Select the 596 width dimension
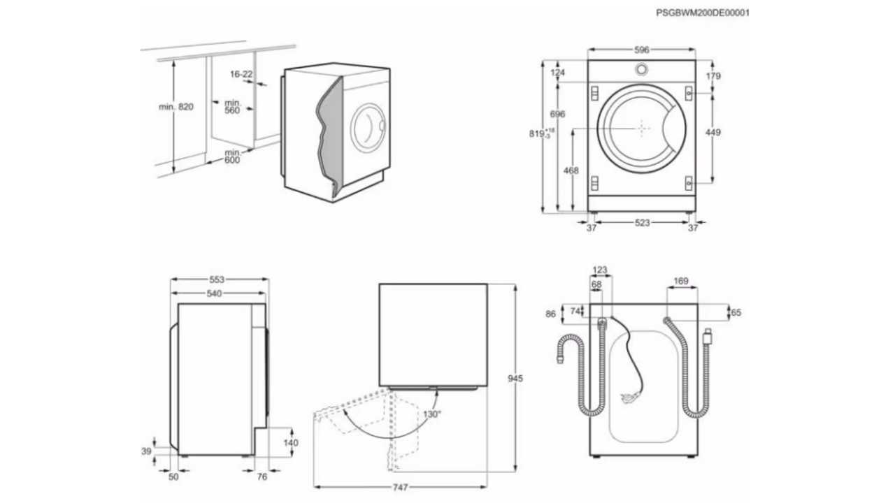click(642, 50)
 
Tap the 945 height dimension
click(515, 379)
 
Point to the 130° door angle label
click(432, 414)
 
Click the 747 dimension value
click(400, 486)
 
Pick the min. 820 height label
click(176, 107)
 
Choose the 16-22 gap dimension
click(241, 73)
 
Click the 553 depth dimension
click(217, 279)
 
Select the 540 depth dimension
click(214, 293)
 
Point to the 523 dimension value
click(642, 223)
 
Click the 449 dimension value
click(713, 132)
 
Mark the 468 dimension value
click(571, 170)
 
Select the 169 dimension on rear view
click(681, 282)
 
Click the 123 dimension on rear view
click(600, 270)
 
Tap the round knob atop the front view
click(641, 69)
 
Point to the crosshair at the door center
click(642, 128)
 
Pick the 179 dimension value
click(713, 76)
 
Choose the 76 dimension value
click(262, 477)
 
